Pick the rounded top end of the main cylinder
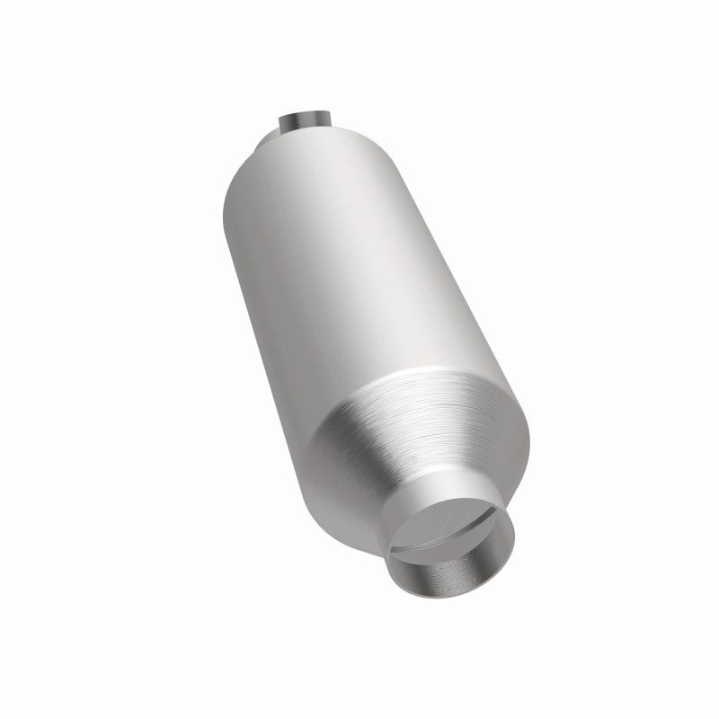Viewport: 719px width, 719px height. pyautogui.click(x=306, y=148)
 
